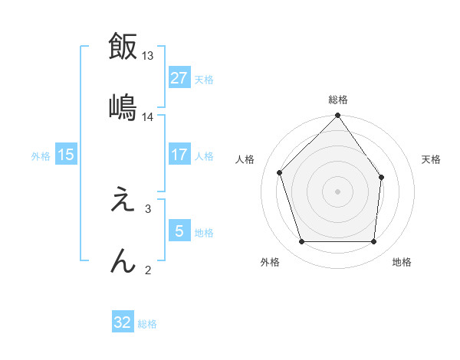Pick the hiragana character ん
122,260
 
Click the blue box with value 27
179,78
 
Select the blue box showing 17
179,155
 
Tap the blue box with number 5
179,231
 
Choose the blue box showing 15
66,155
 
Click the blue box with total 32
123,322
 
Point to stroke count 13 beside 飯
148,56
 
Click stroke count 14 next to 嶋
148,116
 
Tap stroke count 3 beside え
148,208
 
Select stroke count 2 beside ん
148,269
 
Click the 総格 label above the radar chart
338,100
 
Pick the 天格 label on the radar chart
432,159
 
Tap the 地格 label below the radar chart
402,262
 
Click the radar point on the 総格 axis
338,116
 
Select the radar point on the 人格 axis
280,172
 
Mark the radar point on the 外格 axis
301,242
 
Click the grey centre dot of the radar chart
338,191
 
